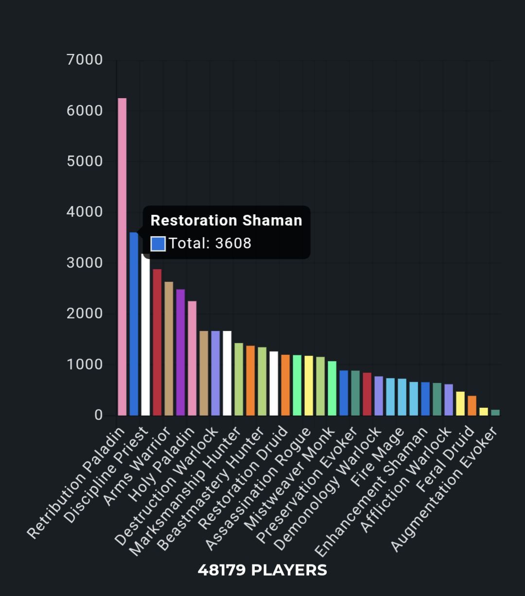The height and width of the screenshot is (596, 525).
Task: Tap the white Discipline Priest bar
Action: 145,340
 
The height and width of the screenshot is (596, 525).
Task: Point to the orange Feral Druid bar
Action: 472,406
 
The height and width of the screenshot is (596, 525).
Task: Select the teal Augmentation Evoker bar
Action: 495,413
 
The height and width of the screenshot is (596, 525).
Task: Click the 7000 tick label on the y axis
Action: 85,60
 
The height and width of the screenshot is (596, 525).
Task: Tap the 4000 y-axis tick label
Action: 85,212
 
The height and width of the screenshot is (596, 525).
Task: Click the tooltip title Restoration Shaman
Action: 226,220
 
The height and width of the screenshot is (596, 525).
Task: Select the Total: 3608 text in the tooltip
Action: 210,243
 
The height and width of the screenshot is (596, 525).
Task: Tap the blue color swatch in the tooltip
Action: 158,243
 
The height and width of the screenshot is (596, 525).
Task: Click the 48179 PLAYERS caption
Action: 262,570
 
